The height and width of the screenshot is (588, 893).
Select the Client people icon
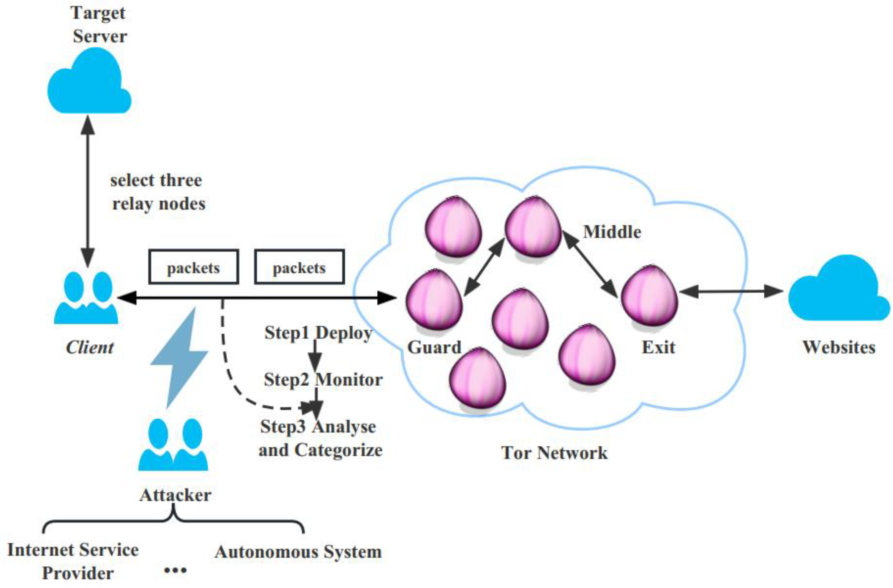click(x=86, y=298)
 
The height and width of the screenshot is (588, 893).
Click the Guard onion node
click(x=434, y=300)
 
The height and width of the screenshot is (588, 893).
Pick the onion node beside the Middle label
click(x=533, y=227)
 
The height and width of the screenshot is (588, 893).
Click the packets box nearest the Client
click(x=194, y=267)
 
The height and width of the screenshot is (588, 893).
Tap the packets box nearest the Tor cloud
click(x=299, y=267)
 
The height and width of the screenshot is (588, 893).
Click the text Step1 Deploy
click(x=318, y=333)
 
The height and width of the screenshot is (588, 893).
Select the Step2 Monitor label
click(x=323, y=380)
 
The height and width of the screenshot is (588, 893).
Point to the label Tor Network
click(x=554, y=452)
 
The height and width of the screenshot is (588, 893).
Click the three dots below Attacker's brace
click(x=175, y=570)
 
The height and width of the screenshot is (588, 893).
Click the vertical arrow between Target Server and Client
click(x=88, y=191)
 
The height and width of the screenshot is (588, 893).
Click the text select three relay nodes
click(x=157, y=192)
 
